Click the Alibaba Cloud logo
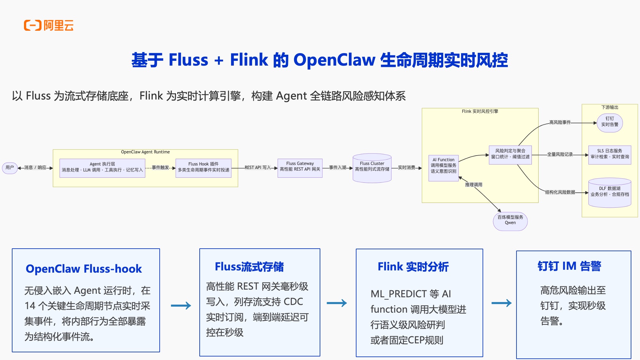tap(49, 25)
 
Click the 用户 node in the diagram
tap(10, 168)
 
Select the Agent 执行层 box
tap(102, 167)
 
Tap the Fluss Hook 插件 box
tap(203, 167)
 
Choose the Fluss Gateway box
tap(300, 167)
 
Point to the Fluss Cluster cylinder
tap(372, 168)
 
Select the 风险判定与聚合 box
tap(510, 154)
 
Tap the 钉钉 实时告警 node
tap(610, 122)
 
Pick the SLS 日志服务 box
tap(610, 154)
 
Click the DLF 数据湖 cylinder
tap(610, 192)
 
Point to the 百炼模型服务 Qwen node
tap(510, 220)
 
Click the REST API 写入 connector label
tap(258, 168)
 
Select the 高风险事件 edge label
tap(560, 122)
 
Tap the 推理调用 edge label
tap(474, 185)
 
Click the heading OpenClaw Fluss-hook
tap(84, 269)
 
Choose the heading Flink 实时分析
tap(413, 267)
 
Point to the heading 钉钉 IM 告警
tap(569, 266)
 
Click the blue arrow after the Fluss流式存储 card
tap(337, 303)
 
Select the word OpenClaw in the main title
tap(334, 60)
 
